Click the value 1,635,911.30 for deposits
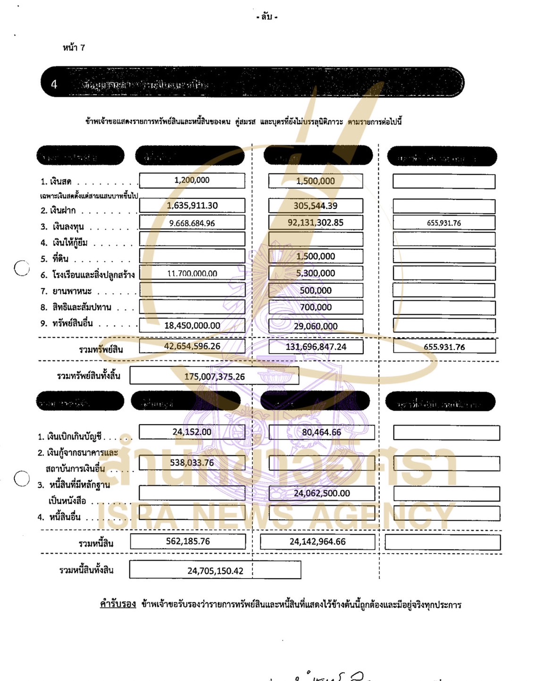192,205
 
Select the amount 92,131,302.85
316,222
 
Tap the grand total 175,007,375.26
214,376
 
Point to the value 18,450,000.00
192,325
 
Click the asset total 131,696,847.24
316,347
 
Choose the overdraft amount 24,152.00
192,432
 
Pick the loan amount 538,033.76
192,462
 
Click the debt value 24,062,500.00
322,493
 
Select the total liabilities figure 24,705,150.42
215,570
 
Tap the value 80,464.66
321,432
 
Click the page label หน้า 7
74,48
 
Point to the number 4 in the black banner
54,84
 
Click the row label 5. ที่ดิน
55,259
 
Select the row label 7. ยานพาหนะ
66,291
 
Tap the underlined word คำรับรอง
118,604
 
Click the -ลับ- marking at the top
267,17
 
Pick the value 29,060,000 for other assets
316,326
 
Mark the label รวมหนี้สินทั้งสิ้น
86,570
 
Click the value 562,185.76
188,541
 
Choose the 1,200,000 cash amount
192,180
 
